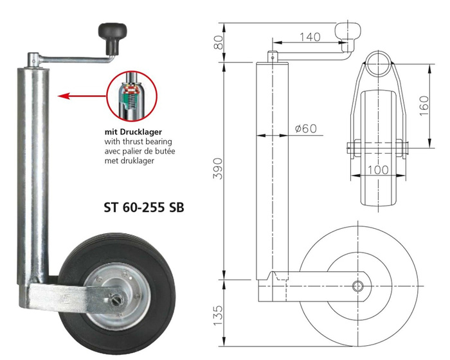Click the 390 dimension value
(219, 168)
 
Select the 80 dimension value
(219, 42)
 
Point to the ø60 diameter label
(305, 129)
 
